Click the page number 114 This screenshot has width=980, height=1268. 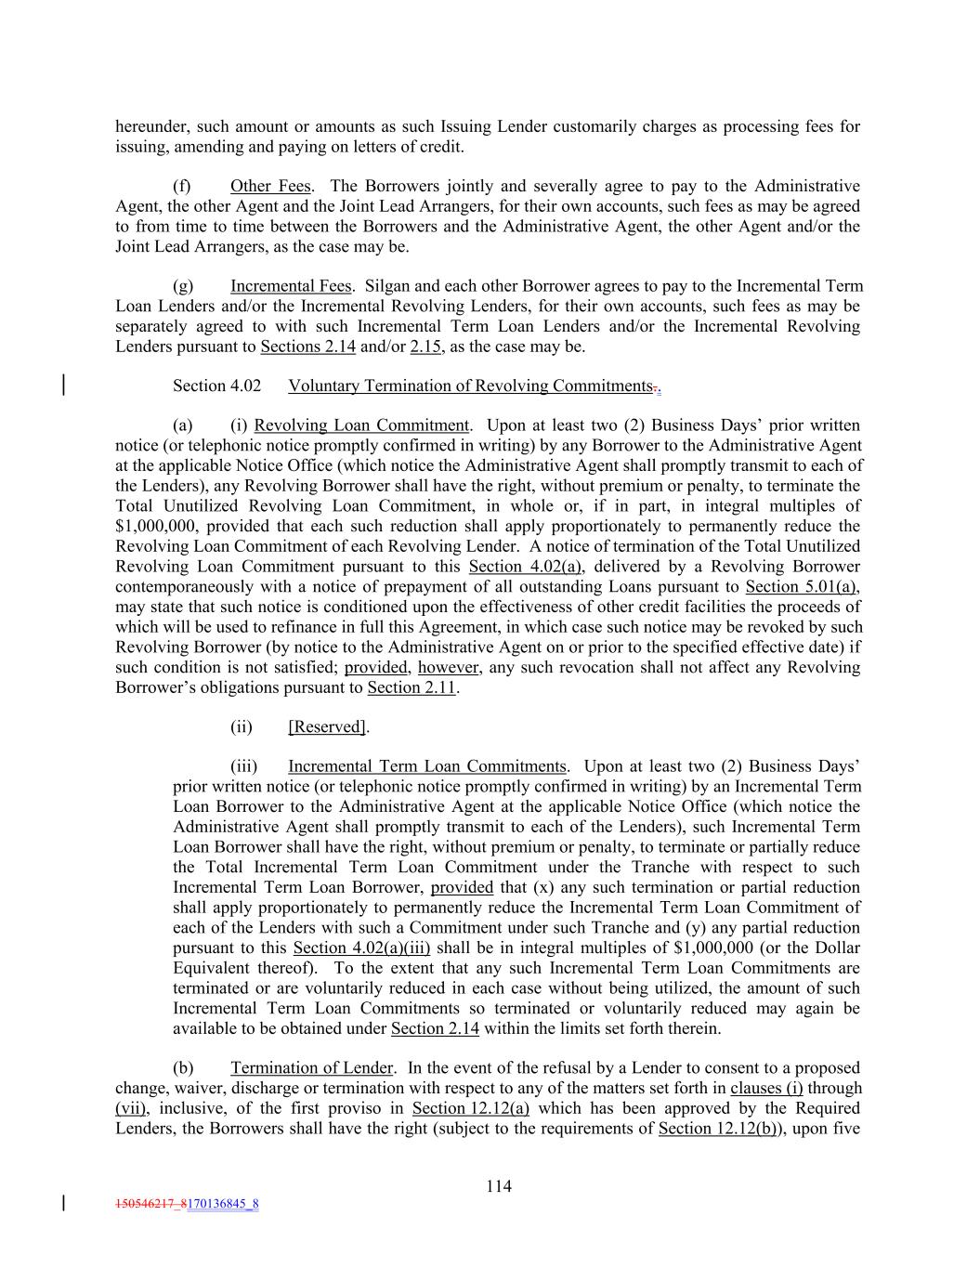pos(498,1186)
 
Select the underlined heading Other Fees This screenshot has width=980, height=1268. pos(270,187)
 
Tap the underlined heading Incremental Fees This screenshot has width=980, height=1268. pos(291,286)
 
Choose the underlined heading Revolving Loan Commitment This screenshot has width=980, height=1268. pos(361,425)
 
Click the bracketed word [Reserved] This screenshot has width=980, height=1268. pos(328,726)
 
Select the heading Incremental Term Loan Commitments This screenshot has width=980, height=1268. pos(426,766)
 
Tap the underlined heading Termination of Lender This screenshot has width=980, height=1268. pos(312,1068)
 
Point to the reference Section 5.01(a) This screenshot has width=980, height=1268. pos(802,586)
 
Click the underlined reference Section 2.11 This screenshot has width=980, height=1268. pos(412,687)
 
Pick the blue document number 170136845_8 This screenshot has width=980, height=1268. pos(223,1205)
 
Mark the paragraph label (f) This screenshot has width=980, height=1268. pos(182,187)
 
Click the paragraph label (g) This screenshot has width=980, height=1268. pos(182,286)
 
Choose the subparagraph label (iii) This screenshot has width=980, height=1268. pos(243,766)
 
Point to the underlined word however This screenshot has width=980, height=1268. pos(448,667)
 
